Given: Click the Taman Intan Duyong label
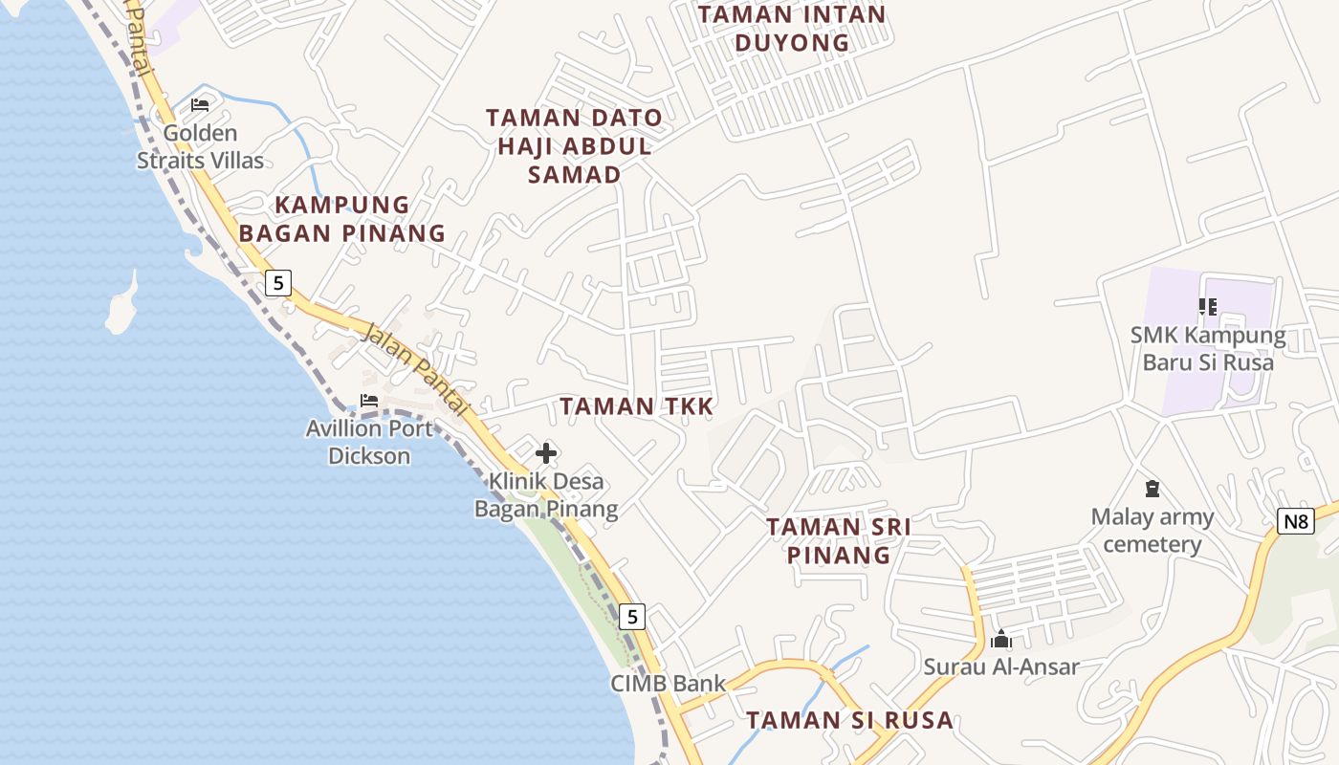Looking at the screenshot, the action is click(792, 29).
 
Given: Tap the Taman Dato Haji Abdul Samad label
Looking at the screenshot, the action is click(574, 146).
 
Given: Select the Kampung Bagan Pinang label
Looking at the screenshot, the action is click(342, 219).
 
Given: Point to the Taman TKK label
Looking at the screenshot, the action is click(637, 406).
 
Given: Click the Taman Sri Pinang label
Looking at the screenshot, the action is click(839, 540).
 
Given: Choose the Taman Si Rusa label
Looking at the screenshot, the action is click(849, 720).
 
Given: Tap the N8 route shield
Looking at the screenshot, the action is click(1296, 521).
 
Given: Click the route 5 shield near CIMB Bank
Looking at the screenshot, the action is click(632, 617).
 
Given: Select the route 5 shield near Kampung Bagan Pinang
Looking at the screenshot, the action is click(277, 283).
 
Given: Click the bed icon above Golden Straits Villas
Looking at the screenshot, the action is click(200, 104).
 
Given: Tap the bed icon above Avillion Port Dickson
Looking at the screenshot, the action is click(369, 401).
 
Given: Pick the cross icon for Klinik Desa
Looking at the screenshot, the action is click(546, 452).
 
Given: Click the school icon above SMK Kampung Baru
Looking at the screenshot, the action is click(1207, 307).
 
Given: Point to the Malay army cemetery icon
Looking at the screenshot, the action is click(1152, 490).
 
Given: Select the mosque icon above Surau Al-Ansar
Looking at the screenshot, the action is click(1001, 639).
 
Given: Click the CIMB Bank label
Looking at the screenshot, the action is click(669, 684).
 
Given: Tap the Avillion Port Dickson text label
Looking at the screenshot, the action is click(369, 442).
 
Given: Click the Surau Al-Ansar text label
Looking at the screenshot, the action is click(1001, 667).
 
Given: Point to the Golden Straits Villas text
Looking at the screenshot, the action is click(200, 146).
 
